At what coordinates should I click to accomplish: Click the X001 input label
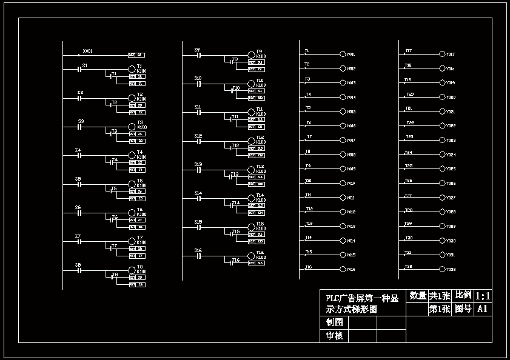click(87, 51)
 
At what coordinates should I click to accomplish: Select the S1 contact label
click(85, 65)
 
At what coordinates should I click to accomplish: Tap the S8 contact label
click(78, 265)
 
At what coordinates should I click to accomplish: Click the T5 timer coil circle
click(131, 184)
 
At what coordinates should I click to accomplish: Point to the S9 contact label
click(197, 49)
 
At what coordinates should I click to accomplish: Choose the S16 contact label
click(198, 250)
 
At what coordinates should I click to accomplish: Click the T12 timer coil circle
click(252, 141)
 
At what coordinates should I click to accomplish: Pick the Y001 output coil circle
click(343, 55)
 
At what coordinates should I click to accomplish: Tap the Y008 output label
click(351, 155)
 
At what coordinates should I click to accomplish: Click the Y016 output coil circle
click(343, 269)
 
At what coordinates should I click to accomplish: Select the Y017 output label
click(451, 55)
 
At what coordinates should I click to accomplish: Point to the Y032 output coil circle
click(443, 269)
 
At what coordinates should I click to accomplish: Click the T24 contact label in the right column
click(409, 153)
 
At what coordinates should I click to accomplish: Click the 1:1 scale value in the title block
click(483, 296)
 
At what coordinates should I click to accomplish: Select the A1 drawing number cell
click(483, 309)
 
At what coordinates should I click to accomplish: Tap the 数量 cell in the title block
click(418, 296)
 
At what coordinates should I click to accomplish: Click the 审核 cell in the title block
click(334, 336)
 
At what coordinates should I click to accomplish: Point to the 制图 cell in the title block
click(334, 323)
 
